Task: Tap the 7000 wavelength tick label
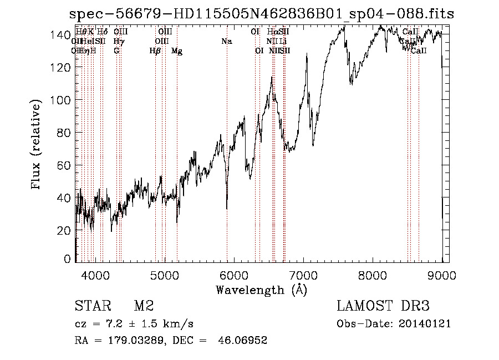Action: tap(303, 275)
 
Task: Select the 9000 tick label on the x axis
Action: tap(442, 275)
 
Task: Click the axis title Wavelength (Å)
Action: tap(261, 290)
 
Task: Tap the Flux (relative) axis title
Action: tap(37, 146)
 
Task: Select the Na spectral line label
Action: tap(226, 42)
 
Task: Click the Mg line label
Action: tap(177, 51)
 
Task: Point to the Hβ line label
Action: tap(155, 51)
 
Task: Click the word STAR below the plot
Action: tap(93, 306)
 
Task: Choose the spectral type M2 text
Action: tap(144, 306)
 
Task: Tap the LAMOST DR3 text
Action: tap(383, 306)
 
